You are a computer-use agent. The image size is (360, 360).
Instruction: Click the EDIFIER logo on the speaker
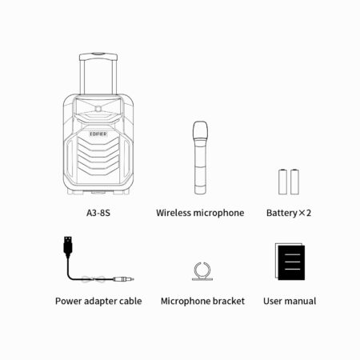(98, 134)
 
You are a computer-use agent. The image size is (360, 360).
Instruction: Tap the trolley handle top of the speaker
(98, 57)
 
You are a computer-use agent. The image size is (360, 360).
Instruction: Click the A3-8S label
(98, 213)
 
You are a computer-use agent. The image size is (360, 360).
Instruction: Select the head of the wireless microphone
(200, 130)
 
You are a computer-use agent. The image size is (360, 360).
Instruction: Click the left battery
(282, 182)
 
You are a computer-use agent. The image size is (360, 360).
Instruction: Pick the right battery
(294, 182)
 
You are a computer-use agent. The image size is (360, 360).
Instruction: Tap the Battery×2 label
(289, 213)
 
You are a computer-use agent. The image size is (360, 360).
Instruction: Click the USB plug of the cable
(68, 246)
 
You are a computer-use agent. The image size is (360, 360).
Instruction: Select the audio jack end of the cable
(123, 279)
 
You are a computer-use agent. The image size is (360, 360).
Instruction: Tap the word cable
(130, 301)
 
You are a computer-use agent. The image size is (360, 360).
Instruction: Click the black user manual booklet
(291, 262)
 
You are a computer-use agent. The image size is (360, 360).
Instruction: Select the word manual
(300, 301)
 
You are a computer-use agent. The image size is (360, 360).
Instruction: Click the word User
(273, 301)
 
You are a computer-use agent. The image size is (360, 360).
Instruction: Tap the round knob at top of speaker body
(98, 109)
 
